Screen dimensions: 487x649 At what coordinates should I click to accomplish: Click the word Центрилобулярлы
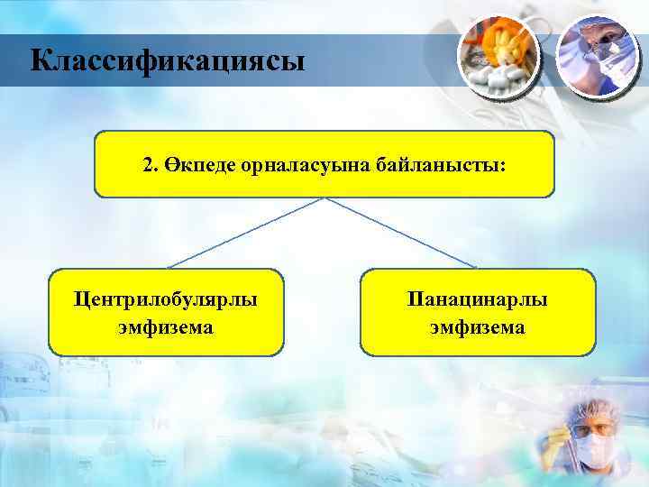click(x=166, y=298)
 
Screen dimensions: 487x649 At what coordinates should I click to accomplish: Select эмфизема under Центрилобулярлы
click(x=166, y=326)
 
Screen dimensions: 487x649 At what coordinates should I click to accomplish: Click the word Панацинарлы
click(x=478, y=298)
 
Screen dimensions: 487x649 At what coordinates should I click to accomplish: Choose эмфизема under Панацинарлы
click(x=478, y=326)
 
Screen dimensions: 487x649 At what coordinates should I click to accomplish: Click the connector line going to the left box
click(x=243, y=233)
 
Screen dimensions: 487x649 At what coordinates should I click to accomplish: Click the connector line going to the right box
click(x=401, y=233)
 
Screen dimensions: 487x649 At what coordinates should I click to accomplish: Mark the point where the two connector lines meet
click(x=324, y=198)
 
